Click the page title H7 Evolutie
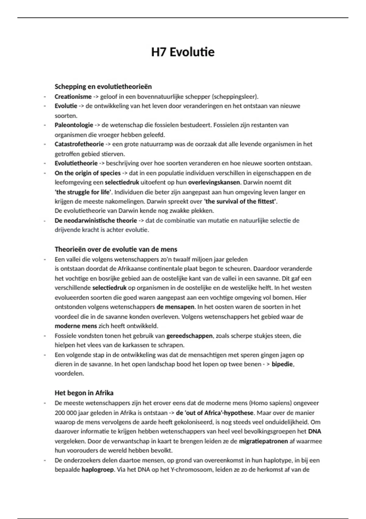(183, 52)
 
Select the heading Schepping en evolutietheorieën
(103, 87)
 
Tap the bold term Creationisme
(73, 97)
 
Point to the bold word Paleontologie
(74, 125)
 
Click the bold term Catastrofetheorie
(79, 144)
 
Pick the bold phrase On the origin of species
(88, 173)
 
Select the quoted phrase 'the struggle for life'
(83, 192)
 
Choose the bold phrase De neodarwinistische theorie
(96, 220)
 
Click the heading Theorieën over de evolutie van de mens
(116, 249)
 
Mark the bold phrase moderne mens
(76, 326)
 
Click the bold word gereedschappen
(189, 336)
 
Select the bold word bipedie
(282, 364)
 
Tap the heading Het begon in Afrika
(84, 393)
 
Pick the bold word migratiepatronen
(263, 441)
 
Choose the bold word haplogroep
(98, 470)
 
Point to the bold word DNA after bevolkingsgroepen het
(314, 432)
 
